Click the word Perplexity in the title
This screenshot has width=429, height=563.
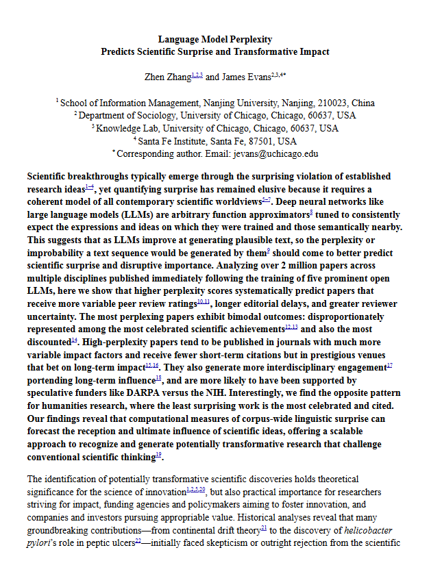(247, 39)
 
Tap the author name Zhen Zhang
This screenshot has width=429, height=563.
(168, 77)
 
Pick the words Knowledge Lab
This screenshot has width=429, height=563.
(123, 128)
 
